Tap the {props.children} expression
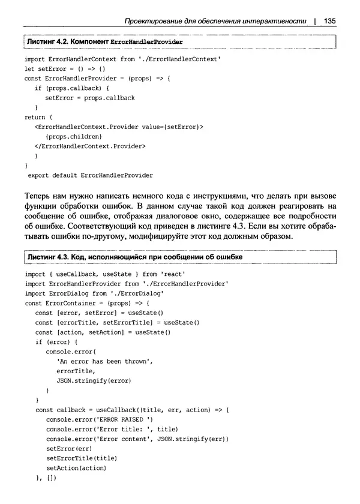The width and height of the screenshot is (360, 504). coord(68,136)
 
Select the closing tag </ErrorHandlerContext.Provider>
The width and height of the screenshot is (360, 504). coord(91,146)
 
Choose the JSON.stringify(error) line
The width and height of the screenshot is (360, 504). coord(94,380)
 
